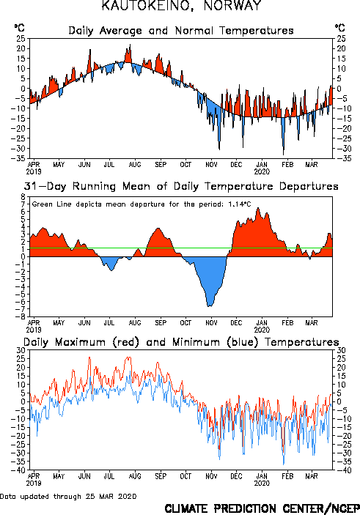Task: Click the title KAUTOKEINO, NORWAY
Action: click(181, 5)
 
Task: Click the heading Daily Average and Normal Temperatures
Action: click(181, 31)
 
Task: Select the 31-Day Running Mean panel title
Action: click(181, 186)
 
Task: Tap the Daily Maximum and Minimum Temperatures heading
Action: click(181, 342)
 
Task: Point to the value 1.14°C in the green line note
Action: click(239, 204)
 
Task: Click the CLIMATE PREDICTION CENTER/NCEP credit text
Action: click(262, 508)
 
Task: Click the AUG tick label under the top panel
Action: click(135, 164)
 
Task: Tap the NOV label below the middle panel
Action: click(211, 322)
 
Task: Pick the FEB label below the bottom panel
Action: click(287, 476)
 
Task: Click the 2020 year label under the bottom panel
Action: click(262, 483)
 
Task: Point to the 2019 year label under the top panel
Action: click(34, 171)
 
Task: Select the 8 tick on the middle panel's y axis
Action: click(23, 197)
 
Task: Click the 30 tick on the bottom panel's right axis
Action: click(341, 350)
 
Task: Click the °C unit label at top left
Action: click(19, 28)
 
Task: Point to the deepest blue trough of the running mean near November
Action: click(210, 306)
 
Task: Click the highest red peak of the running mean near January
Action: click(258, 208)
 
